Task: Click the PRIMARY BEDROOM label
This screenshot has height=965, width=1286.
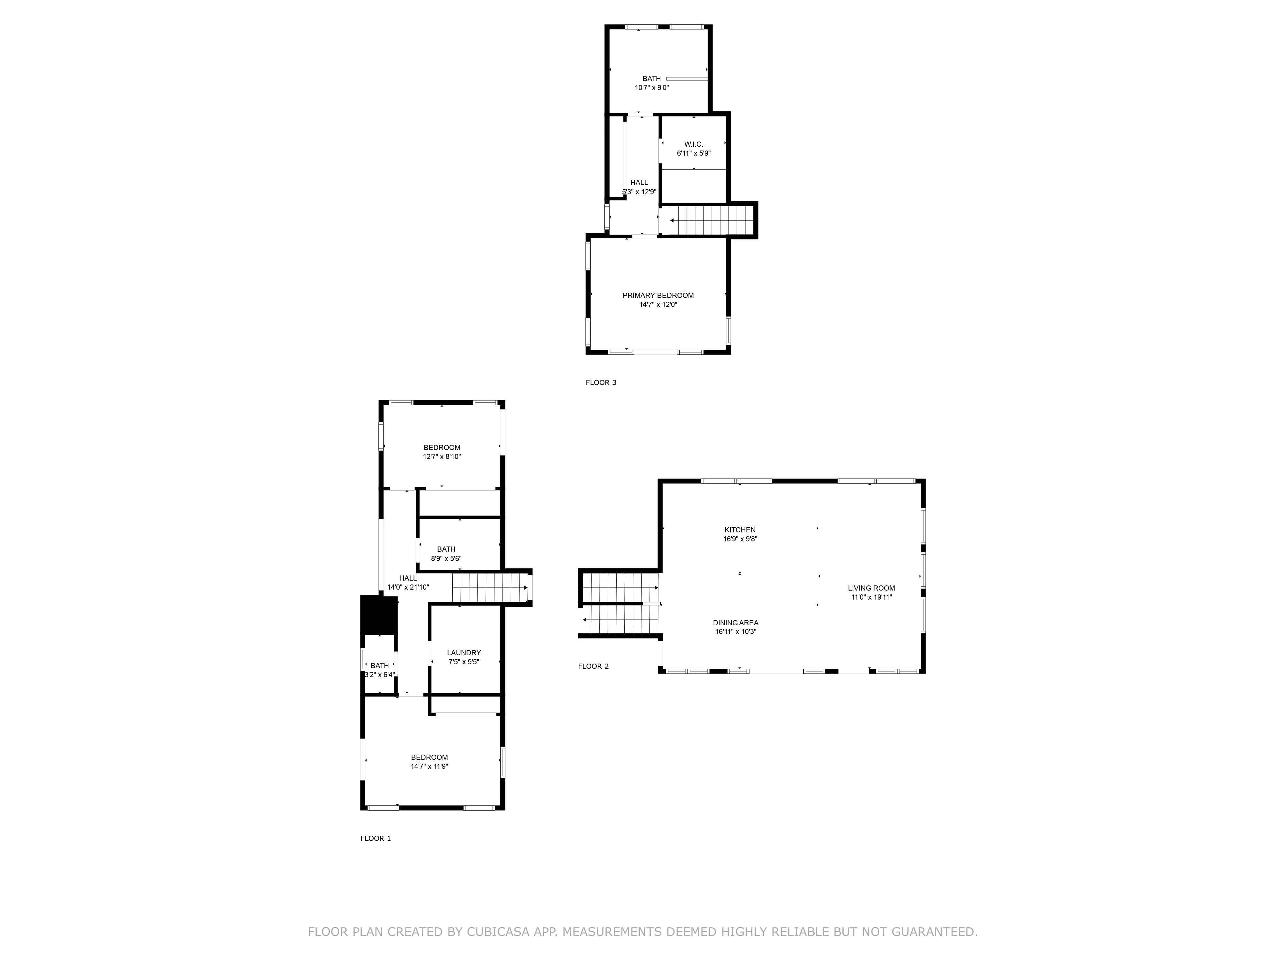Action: [658, 296]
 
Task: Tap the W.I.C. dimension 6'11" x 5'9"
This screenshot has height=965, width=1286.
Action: [693, 153]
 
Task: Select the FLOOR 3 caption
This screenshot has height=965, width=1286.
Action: [601, 383]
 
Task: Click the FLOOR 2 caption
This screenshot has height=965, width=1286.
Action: [593, 666]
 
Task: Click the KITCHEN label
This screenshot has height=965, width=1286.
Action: [740, 530]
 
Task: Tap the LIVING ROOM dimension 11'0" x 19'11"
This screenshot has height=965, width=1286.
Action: [871, 597]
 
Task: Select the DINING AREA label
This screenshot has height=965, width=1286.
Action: [736, 623]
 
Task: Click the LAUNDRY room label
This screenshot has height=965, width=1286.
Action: [464, 653]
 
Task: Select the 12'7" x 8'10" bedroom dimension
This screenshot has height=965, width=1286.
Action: [442, 457]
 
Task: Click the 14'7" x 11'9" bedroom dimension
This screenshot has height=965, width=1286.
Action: [429, 767]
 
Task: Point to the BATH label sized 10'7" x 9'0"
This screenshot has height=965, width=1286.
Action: [652, 78]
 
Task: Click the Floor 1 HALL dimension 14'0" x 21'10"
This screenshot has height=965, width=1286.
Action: [408, 587]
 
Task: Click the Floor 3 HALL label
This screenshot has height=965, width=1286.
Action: [639, 183]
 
